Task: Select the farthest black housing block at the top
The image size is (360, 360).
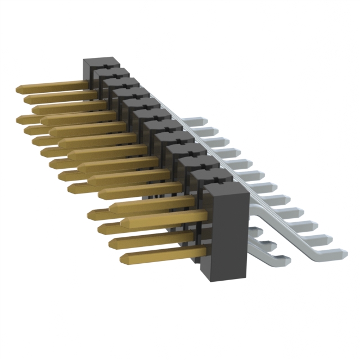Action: pos(96,65)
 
